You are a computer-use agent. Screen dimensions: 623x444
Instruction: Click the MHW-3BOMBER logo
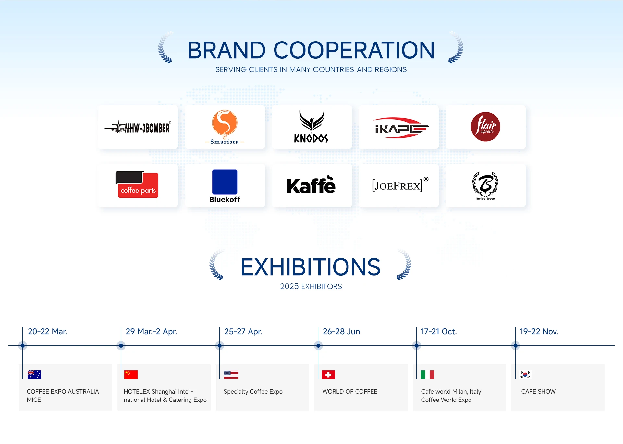click(x=138, y=127)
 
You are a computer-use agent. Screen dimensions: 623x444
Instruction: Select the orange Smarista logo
click(x=225, y=127)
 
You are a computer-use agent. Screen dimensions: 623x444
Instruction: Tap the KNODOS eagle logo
click(x=311, y=127)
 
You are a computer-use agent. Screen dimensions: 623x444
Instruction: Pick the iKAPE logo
click(x=402, y=128)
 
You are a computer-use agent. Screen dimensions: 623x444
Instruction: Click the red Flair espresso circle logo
click(x=485, y=127)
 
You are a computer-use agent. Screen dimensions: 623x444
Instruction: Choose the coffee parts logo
click(x=137, y=184)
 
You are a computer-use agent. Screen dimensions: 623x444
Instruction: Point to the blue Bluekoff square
click(x=225, y=182)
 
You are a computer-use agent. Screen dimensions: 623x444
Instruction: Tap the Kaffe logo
click(x=311, y=185)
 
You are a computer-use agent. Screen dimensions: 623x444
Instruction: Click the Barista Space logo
click(x=485, y=185)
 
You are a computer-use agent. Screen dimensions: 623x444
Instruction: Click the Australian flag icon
click(x=34, y=375)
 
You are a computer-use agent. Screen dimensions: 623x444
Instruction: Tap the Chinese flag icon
click(x=131, y=375)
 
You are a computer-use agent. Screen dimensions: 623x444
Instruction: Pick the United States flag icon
click(x=231, y=375)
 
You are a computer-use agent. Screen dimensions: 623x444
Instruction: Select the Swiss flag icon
click(x=328, y=375)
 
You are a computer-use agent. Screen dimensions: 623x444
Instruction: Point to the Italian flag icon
click(x=427, y=375)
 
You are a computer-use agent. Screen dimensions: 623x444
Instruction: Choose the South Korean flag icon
click(x=525, y=375)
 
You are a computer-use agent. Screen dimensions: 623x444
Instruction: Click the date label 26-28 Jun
click(x=341, y=332)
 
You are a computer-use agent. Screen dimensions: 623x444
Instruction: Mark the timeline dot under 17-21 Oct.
click(x=417, y=346)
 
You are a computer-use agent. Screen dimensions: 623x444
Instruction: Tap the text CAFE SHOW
click(x=538, y=392)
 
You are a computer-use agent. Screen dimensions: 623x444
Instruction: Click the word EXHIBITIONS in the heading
click(x=311, y=267)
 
